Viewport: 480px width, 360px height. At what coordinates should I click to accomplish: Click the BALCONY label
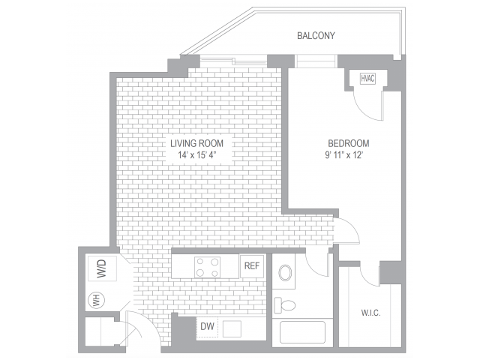pyautogui.click(x=316, y=35)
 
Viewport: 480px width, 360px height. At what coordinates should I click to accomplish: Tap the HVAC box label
pyautogui.click(x=367, y=79)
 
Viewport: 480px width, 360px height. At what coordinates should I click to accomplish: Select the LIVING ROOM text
pyautogui.click(x=196, y=143)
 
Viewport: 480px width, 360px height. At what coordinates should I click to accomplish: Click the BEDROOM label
pyautogui.click(x=349, y=143)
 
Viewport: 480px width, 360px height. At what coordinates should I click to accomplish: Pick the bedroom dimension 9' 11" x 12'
pyautogui.click(x=349, y=156)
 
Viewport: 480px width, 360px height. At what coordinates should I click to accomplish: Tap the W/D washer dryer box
pyautogui.click(x=97, y=269)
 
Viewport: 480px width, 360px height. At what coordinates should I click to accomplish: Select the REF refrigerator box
pyautogui.click(x=250, y=266)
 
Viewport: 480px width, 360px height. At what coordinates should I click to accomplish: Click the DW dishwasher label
pyautogui.click(x=208, y=326)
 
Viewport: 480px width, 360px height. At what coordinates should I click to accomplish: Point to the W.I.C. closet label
pyautogui.click(x=371, y=313)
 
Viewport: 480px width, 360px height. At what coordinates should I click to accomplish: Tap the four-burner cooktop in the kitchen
pyautogui.click(x=207, y=266)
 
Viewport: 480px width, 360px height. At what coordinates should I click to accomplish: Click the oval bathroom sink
pyautogui.click(x=286, y=272)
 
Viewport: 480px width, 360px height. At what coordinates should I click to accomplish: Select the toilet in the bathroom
pyautogui.click(x=285, y=304)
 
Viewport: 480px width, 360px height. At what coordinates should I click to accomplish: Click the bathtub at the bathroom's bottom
pyautogui.click(x=299, y=331)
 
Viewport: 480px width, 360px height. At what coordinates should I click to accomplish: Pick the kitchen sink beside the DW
pyautogui.click(x=232, y=328)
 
